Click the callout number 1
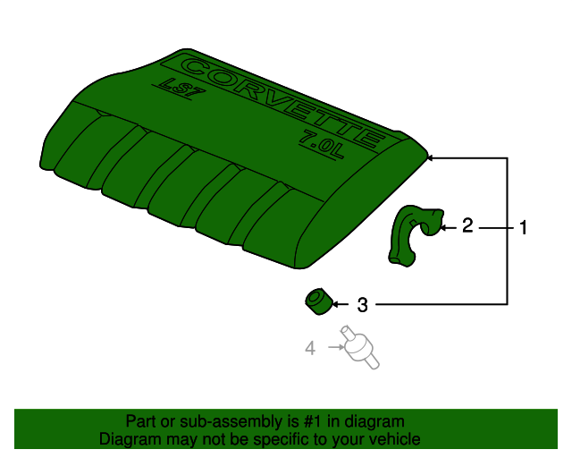click(x=523, y=227)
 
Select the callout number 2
click(x=467, y=226)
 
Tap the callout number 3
click(x=362, y=305)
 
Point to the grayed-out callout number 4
click(x=310, y=347)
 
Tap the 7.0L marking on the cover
click(x=321, y=140)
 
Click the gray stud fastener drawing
click(x=357, y=349)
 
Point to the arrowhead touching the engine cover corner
click(x=431, y=157)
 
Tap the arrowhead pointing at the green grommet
click(x=337, y=304)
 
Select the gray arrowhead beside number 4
click(x=332, y=346)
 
